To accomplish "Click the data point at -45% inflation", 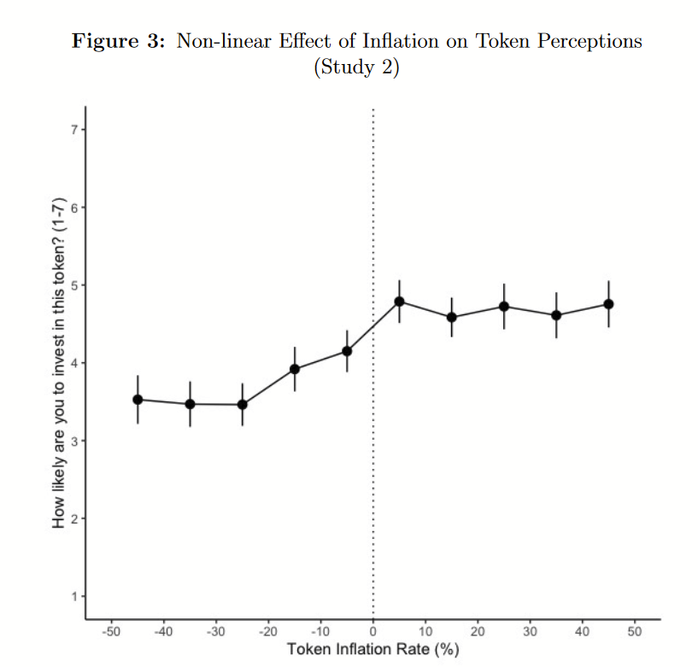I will (138, 400).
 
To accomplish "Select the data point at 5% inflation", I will (399, 301).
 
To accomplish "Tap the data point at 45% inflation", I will (608, 304).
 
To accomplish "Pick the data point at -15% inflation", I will (295, 369).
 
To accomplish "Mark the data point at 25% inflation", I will (504, 307).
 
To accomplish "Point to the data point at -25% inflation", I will (243, 404).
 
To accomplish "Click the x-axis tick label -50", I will (111, 632).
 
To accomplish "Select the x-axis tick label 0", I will (373, 632).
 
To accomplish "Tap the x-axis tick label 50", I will (635, 632).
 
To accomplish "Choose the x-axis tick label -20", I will (268, 632).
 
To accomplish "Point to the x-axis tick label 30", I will (530, 632).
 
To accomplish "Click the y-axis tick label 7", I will (74, 130).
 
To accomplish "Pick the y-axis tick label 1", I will (74, 596).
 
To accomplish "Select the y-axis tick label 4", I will (74, 363).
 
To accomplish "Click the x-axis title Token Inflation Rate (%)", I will (373, 650).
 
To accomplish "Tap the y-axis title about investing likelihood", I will (59, 363).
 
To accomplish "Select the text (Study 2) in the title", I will (356, 68).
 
